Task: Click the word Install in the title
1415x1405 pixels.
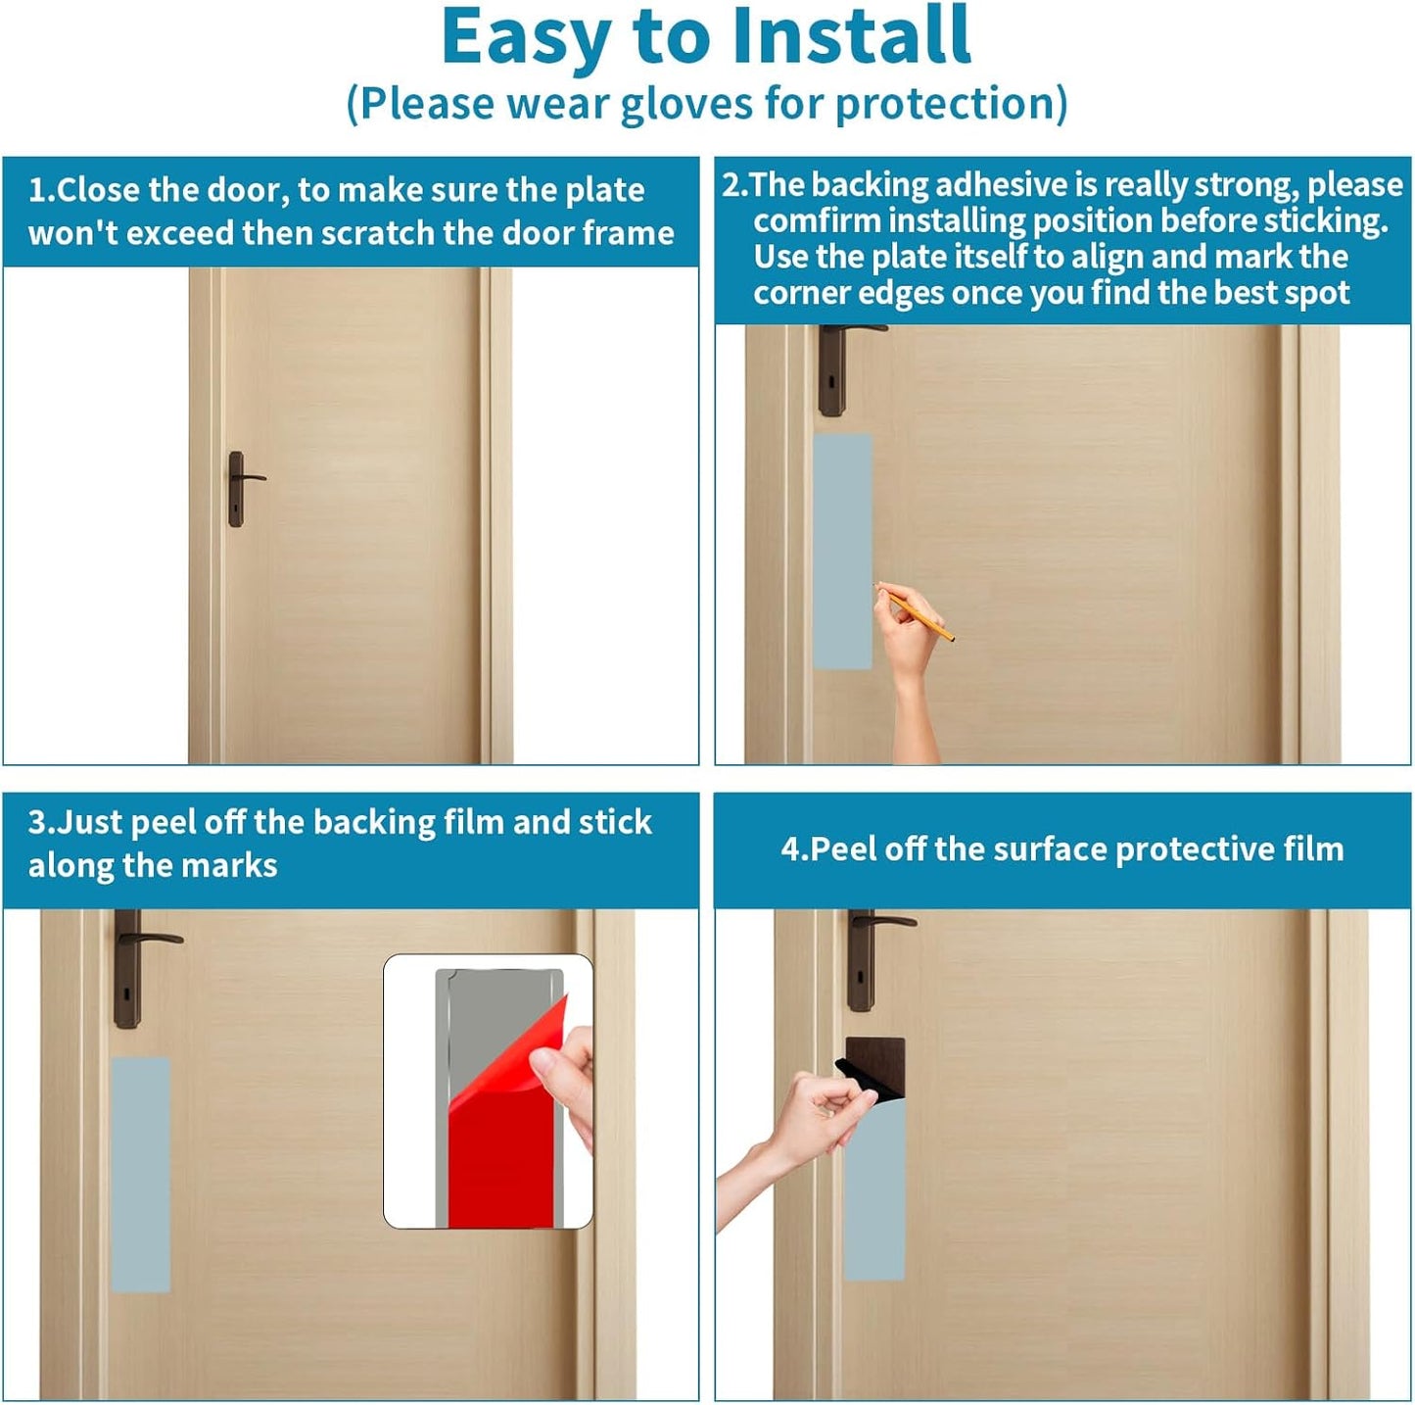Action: coord(852,36)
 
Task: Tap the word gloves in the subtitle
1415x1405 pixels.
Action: coord(686,104)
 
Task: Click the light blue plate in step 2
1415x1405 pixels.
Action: coord(842,551)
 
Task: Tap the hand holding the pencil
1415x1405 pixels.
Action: coord(911,661)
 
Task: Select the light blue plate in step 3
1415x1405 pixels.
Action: coord(141,1175)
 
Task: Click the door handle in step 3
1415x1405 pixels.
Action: coord(139,967)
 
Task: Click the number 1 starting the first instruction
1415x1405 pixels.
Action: coord(35,190)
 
